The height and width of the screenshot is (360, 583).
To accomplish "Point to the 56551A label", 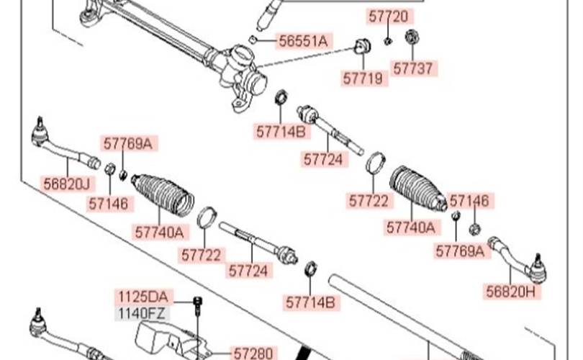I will click(302, 40).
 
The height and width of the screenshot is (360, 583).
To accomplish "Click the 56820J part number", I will click(66, 184).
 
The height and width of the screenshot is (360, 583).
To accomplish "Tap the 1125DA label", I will click(143, 296).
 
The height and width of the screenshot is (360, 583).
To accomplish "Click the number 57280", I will click(252, 353).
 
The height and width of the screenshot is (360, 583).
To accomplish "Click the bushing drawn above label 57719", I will click(362, 48).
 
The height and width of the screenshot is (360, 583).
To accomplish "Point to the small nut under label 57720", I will click(387, 40).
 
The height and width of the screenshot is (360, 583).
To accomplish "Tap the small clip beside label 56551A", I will click(253, 39).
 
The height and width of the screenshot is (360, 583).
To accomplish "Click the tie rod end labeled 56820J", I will click(58, 144).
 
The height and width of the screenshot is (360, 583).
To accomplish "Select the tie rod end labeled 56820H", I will click(518, 259).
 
